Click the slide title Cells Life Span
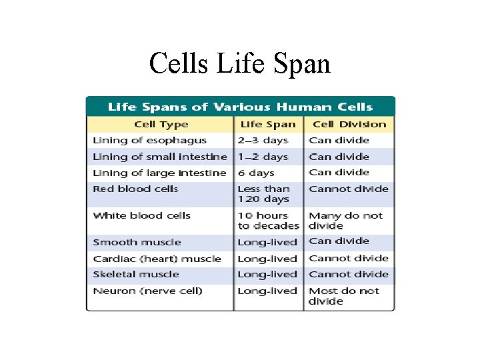point(239,64)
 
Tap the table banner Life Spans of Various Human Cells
point(240,107)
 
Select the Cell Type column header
point(161,124)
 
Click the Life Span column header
point(267,124)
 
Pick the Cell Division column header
point(349,124)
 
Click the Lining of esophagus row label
point(150,141)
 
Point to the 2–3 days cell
point(263,141)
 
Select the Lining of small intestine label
point(160,157)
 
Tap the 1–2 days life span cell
point(263,157)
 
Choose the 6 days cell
point(255,173)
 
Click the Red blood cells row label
point(136,189)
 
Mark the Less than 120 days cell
point(263,194)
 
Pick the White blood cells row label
point(142,215)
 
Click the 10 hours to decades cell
point(268,221)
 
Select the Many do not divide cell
point(345,221)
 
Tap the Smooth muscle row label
point(137,242)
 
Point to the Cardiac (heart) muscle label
point(157,259)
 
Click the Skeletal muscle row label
point(136,274)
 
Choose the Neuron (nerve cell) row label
point(148,291)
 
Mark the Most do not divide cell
point(343,296)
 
